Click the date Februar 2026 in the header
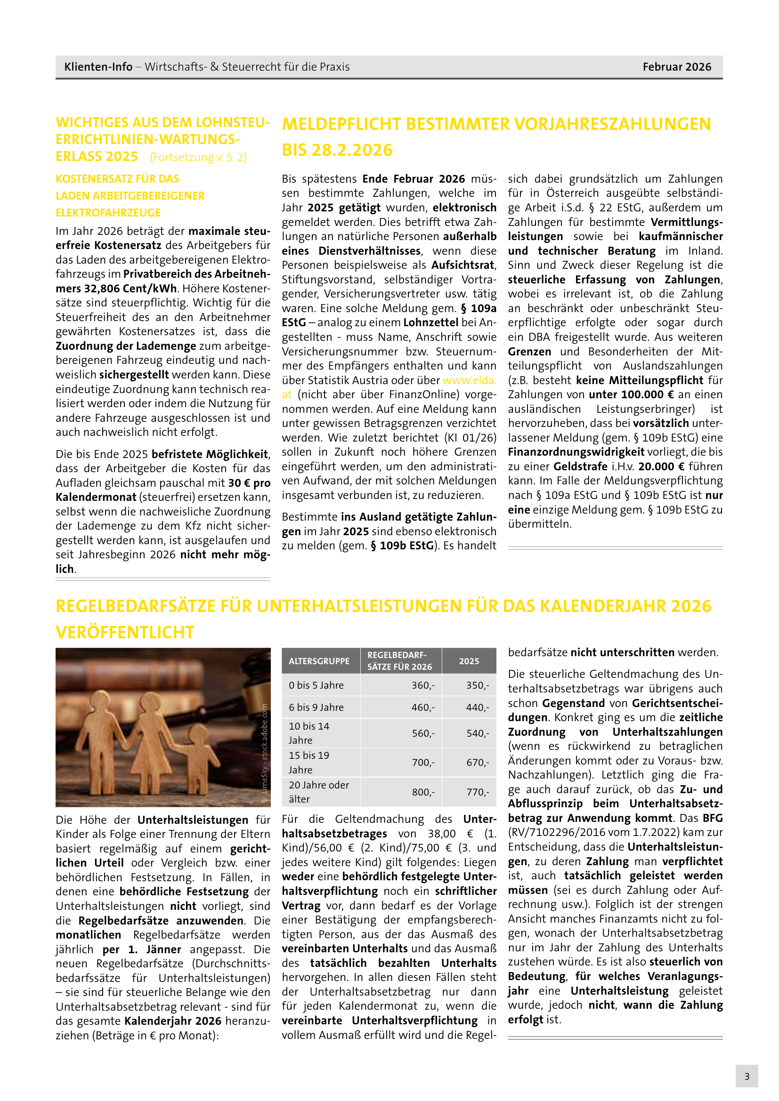(676, 67)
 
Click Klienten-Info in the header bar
(98, 67)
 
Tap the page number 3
(747, 1076)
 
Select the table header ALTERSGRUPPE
(319, 661)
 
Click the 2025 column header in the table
(469, 661)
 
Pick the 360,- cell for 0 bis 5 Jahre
(422, 685)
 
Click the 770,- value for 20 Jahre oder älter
(477, 792)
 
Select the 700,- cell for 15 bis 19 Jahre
(422, 763)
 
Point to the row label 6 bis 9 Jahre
(316, 707)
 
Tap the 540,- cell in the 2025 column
(477, 733)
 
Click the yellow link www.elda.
(469, 380)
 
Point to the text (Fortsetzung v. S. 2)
(198, 157)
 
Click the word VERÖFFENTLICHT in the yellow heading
(125, 632)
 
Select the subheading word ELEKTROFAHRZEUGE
(108, 212)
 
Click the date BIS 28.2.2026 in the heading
(337, 150)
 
